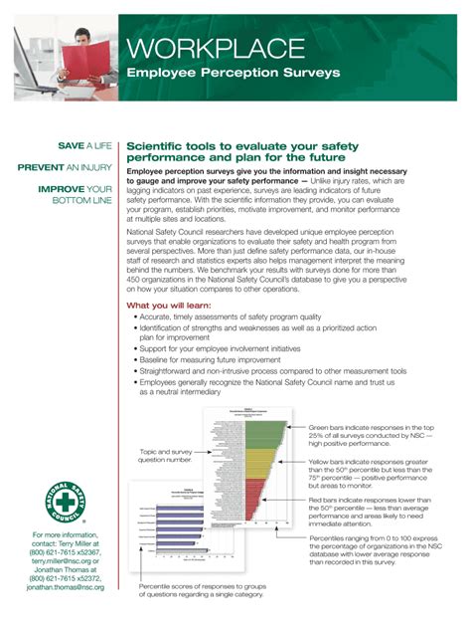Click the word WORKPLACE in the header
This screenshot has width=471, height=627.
coord(215,47)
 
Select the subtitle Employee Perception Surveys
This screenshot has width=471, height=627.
coord(233,73)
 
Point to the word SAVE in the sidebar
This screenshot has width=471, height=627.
coord(72,145)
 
